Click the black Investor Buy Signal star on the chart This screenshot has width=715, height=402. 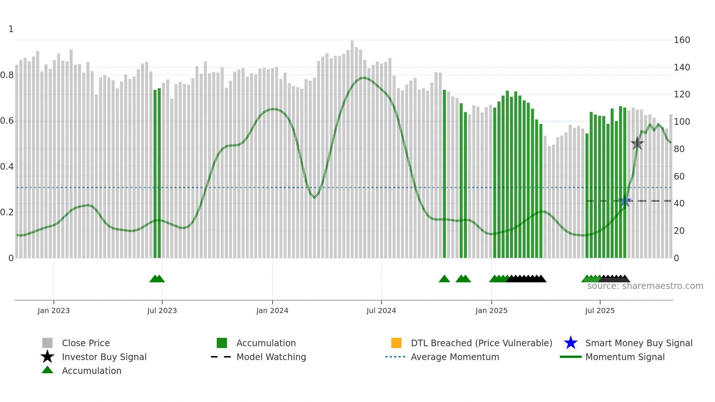(637, 143)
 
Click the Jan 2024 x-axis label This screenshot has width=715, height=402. (272, 310)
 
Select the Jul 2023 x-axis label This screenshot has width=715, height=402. (162, 310)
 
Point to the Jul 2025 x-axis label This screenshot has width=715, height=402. (600, 310)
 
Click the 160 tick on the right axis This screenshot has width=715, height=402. (681, 40)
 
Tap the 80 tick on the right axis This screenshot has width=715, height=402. (679, 149)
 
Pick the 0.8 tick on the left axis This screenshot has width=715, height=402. (7, 75)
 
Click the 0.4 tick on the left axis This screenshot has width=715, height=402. (7, 167)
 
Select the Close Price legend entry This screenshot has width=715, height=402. (86, 343)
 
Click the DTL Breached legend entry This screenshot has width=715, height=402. (481, 343)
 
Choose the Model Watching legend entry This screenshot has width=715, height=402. (271, 357)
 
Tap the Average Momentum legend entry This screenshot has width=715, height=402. (455, 357)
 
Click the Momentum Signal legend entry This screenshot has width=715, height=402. (625, 357)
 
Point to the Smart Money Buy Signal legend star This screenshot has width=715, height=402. (571, 343)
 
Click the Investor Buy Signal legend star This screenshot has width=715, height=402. (47, 357)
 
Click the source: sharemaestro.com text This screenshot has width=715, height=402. (645, 286)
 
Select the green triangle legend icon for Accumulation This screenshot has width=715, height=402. (47, 370)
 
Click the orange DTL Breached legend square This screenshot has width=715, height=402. (396, 343)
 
